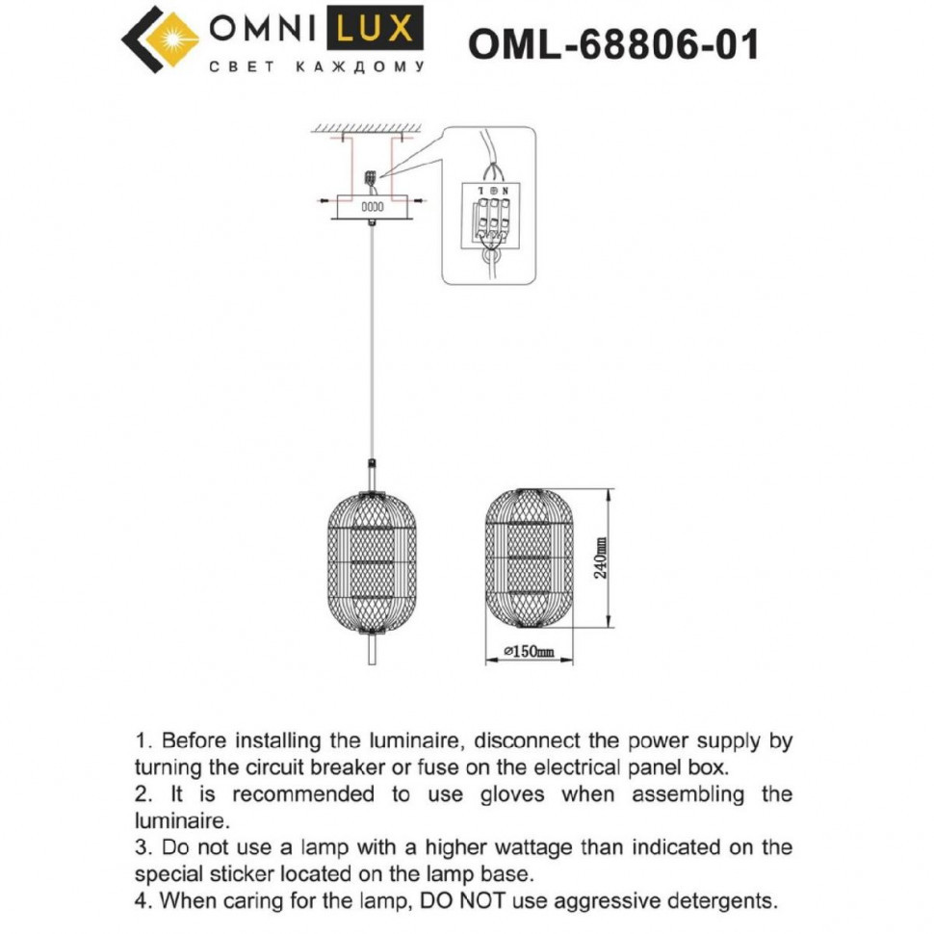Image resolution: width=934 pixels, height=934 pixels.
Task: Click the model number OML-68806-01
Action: [x=612, y=43]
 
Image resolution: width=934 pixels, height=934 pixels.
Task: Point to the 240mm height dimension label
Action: [x=600, y=557]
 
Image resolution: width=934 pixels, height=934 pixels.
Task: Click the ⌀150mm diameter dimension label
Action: [x=530, y=652]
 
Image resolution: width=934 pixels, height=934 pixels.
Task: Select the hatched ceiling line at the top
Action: [x=372, y=128]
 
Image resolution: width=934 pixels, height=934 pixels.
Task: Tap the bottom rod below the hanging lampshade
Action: [x=372, y=649]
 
